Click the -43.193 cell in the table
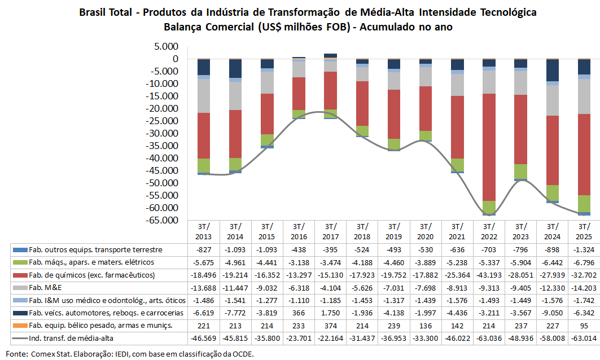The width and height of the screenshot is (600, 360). click(x=489, y=275)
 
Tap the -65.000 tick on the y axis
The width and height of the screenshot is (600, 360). click(x=162, y=220)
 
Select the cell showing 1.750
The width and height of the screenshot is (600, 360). click(x=330, y=313)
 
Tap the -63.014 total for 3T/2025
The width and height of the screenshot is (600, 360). click(x=584, y=338)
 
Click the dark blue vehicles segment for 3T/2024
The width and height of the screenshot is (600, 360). click(x=552, y=70)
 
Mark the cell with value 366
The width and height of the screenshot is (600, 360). click(x=300, y=313)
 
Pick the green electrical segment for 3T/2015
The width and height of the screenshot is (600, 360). click(x=267, y=139)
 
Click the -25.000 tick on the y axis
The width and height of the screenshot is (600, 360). click(x=162, y=121)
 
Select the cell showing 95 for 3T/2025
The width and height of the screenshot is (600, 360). click(x=584, y=326)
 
